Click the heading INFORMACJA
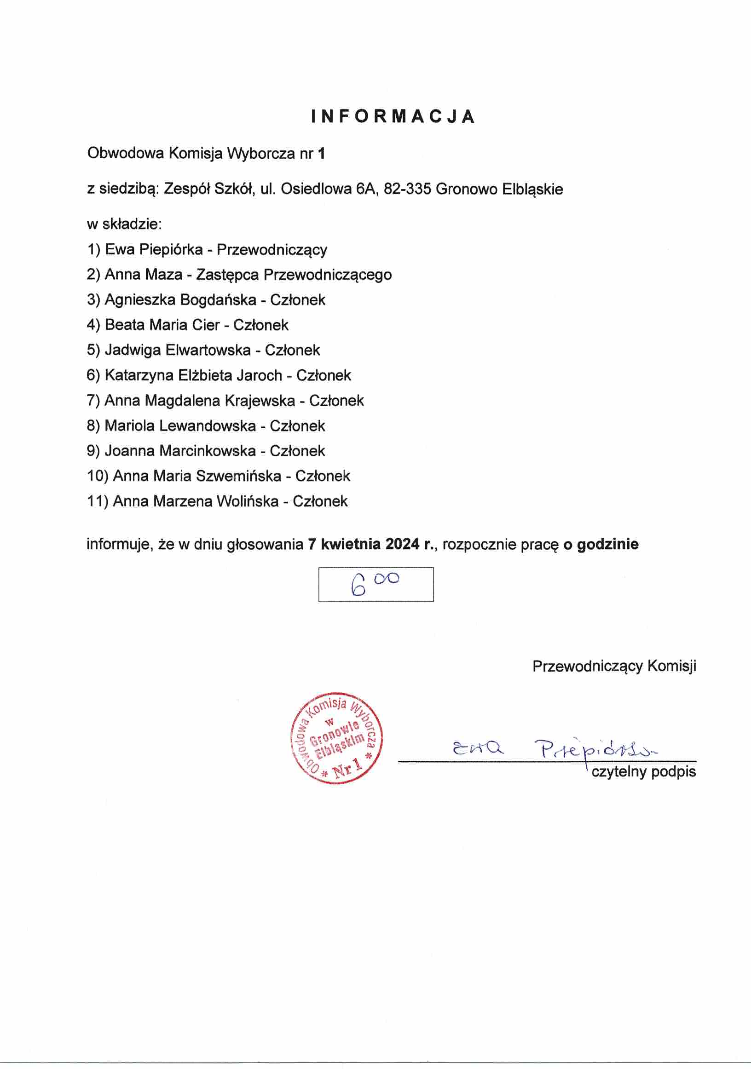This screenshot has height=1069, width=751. [x=393, y=116]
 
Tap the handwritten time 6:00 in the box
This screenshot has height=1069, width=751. [x=375, y=584]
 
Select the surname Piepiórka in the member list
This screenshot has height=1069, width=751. [x=171, y=250]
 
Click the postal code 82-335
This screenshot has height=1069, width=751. [x=407, y=189]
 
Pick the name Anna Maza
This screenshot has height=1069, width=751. [x=143, y=275]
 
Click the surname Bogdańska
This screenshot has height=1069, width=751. [x=218, y=300]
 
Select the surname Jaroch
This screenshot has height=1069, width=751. [x=259, y=375]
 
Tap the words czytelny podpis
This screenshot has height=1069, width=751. [x=643, y=772]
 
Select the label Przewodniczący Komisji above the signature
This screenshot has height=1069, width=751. [x=614, y=666]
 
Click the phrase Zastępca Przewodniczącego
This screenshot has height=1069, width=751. [x=294, y=275]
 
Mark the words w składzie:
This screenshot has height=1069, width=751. [x=124, y=224]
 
